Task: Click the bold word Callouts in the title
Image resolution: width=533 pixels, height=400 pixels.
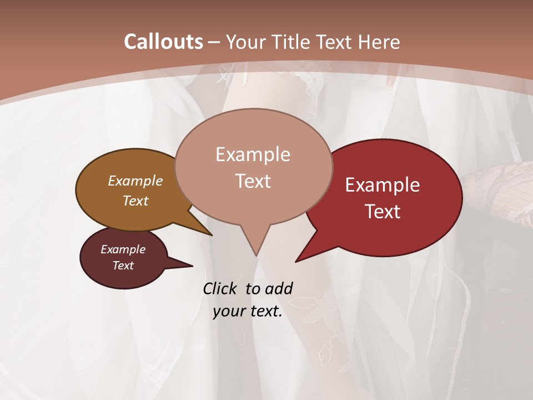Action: (163, 42)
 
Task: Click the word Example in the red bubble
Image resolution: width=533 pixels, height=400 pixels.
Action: (383, 185)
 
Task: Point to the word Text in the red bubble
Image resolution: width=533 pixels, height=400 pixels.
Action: (383, 212)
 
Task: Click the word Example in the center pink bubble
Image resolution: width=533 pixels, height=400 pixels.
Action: (253, 154)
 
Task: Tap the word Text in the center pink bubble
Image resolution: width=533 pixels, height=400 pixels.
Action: (253, 181)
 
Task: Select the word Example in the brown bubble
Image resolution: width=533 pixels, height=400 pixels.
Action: (135, 181)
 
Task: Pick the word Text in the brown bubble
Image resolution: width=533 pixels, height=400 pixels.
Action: (135, 201)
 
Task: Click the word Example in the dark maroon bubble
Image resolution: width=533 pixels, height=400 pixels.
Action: (123, 249)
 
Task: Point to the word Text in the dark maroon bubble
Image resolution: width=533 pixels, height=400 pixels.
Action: (123, 266)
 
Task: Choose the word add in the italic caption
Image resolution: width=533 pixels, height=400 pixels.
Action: (279, 288)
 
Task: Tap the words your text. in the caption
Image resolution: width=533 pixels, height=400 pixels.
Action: (248, 311)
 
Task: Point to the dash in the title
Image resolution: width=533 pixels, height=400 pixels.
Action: (214, 42)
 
